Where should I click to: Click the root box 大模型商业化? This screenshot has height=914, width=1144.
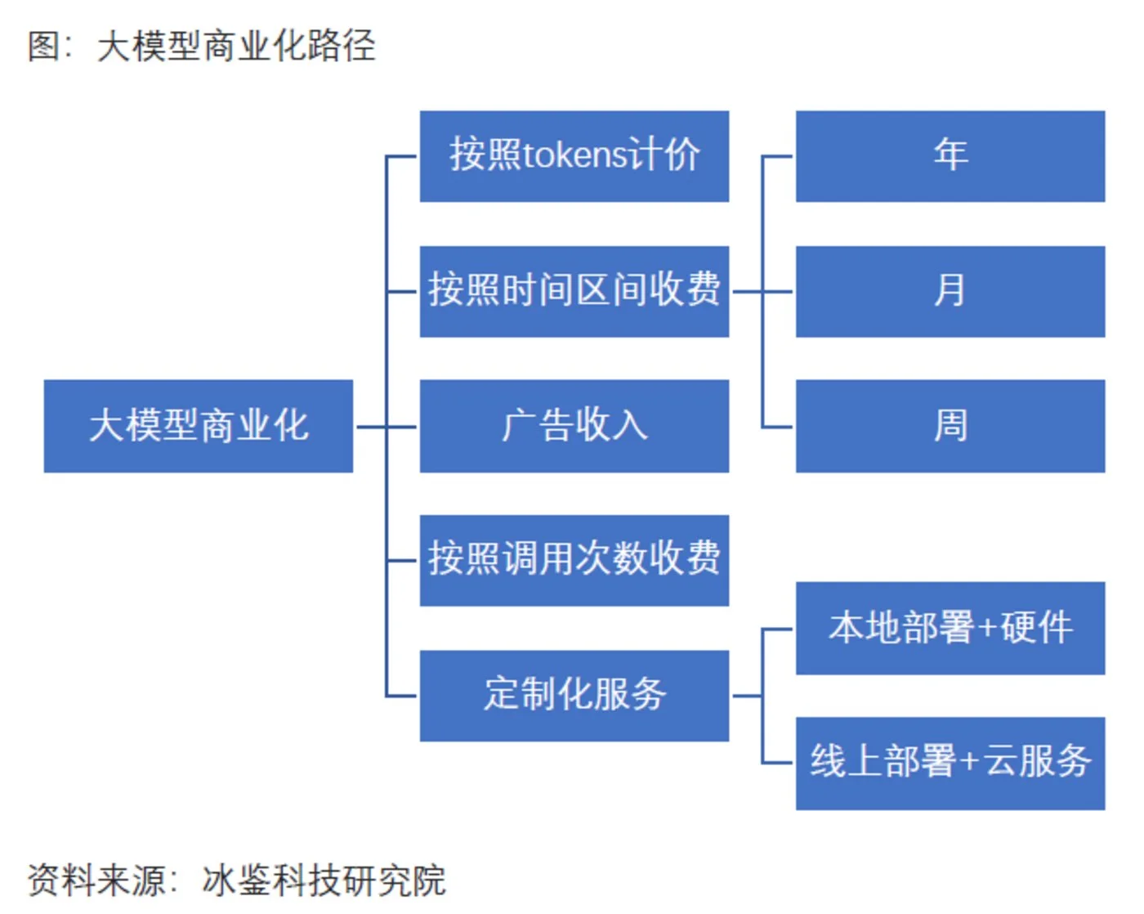[x=199, y=426]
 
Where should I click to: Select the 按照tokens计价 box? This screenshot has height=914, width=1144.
[x=574, y=156]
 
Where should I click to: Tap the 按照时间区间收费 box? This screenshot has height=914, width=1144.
[x=574, y=291]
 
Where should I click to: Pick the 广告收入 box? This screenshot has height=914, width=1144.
[x=574, y=426]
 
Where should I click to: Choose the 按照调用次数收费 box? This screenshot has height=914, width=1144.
[x=574, y=561]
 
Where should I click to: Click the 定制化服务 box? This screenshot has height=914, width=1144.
[x=574, y=696]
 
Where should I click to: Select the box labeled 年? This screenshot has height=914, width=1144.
[x=950, y=156]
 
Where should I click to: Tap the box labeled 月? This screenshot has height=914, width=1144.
[x=950, y=291]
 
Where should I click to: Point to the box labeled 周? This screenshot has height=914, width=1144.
[x=950, y=426]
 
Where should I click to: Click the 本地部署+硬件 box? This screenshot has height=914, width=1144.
[x=950, y=628]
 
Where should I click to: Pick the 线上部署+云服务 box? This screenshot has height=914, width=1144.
[x=950, y=764]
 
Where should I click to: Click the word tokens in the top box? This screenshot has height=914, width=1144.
[x=574, y=155]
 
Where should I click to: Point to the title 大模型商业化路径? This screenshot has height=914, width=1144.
[x=236, y=46]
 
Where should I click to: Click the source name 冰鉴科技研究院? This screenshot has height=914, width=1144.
[x=324, y=880]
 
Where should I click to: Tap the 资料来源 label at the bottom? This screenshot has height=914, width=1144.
[x=96, y=880]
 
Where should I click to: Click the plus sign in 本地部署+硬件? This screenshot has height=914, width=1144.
[x=987, y=629]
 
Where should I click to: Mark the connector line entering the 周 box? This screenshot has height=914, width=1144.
[x=778, y=427]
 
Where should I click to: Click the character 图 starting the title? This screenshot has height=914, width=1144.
[x=43, y=46]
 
